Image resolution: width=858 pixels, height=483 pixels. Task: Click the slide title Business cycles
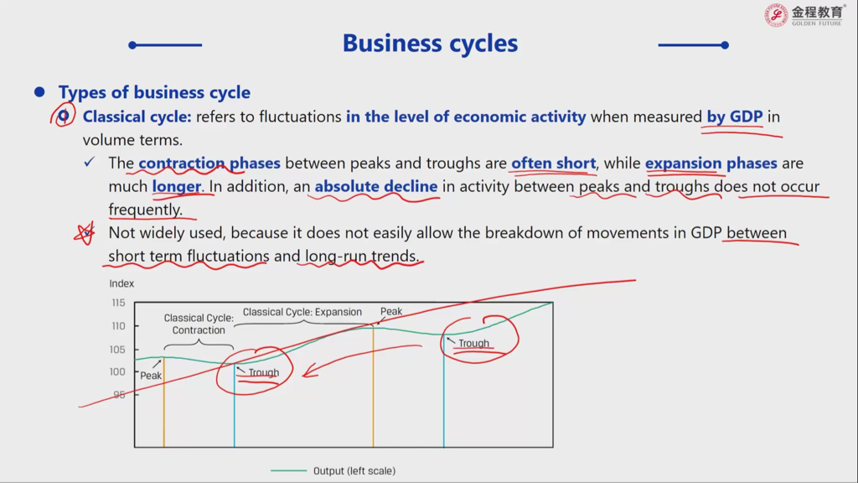[430, 44]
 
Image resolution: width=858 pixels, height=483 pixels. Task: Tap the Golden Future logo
[804, 15]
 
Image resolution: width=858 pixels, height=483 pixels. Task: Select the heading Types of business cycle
[154, 92]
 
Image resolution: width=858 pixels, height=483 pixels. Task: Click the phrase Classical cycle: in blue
[137, 117]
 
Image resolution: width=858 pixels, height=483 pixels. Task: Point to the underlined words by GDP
[734, 117]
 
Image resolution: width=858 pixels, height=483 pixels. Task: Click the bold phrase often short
[553, 164]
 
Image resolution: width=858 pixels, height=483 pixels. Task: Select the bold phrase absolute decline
[376, 186]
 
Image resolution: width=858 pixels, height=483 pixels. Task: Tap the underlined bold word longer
[176, 187]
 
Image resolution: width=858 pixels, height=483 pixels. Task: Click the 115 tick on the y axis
[119, 303]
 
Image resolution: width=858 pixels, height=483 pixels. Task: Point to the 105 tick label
[117, 350]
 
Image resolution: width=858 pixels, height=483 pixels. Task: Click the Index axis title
[121, 283]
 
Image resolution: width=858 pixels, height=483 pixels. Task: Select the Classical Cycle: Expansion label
[302, 312]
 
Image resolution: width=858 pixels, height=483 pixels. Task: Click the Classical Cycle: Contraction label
[199, 325]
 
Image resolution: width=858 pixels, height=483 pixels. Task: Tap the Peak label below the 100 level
[151, 376]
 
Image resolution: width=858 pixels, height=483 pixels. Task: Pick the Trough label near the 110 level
[474, 343]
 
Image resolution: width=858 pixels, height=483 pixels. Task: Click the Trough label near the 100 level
[264, 373]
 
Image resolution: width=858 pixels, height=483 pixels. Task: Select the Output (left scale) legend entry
[333, 471]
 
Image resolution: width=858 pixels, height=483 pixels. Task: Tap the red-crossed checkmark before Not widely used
[85, 233]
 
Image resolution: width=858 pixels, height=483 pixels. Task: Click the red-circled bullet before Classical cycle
[63, 116]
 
